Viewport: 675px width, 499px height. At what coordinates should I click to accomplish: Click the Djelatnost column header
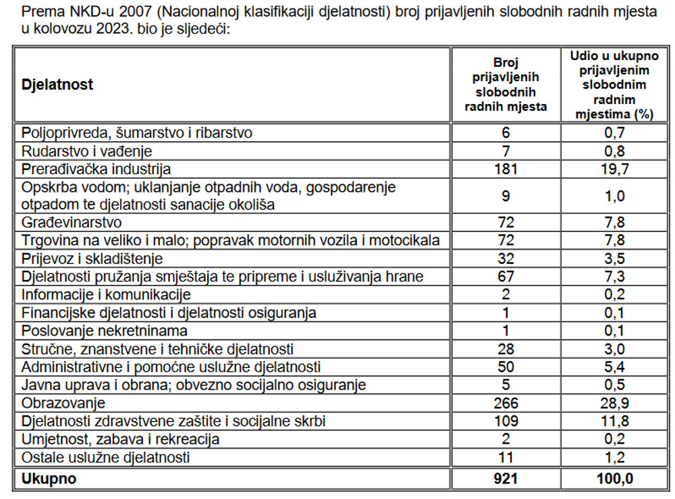tap(57, 85)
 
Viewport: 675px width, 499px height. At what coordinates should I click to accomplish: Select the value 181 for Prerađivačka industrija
tap(506, 168)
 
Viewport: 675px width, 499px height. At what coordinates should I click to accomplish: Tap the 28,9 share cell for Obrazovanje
tap(614, 403)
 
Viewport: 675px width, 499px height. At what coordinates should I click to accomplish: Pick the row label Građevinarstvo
tap(72, 222)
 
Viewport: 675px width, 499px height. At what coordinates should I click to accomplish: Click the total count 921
tap(506, 479)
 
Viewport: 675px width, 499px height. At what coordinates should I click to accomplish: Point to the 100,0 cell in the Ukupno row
tap(614, 479)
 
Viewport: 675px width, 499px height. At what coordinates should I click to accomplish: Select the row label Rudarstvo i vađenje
tap(87, 151)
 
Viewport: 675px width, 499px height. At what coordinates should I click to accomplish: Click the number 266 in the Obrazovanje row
tap(506, 403)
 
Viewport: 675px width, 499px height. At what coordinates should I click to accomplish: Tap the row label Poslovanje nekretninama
tap(105, 331)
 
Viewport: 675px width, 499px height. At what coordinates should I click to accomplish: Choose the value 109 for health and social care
tap(506, 421)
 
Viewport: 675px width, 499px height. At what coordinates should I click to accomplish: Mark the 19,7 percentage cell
tap(614, 168)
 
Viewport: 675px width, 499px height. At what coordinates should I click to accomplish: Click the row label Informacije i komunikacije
tap(107, 294)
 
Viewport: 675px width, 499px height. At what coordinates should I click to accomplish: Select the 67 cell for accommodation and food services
tap(506, 276)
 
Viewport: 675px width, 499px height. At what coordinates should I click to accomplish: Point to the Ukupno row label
tap(49, 479)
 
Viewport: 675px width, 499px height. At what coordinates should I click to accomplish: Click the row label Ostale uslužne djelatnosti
tap(106, 457)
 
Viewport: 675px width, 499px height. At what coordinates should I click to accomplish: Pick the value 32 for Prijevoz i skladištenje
tap(506, 259)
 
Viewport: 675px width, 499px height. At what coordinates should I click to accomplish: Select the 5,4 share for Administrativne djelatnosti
tap(614, 367)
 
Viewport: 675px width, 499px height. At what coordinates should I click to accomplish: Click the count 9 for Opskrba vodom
tap(506, 196)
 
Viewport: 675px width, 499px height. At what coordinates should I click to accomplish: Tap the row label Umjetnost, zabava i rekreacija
tap(121, 440)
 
